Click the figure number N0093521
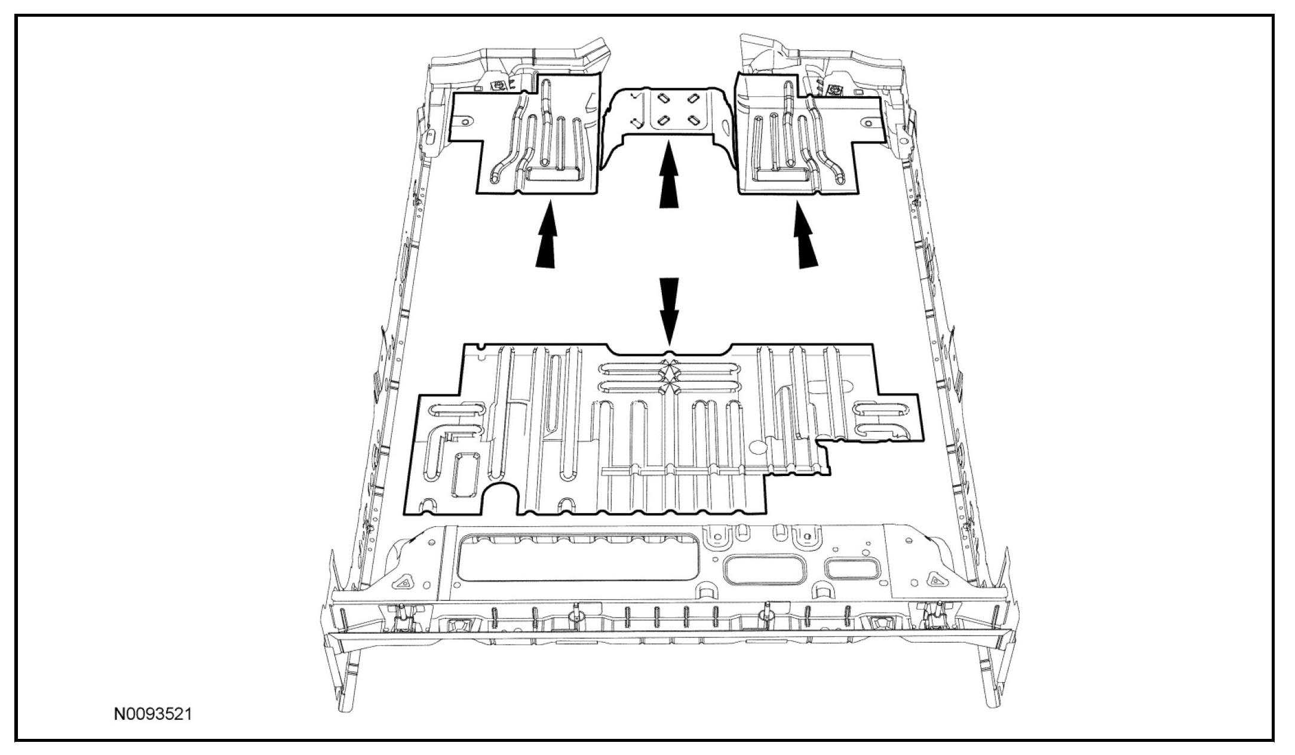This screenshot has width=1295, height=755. (x=154, y=714)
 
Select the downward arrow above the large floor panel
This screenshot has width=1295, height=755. (x=669, y=308)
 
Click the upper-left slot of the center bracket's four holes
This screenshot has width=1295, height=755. (x=662, y=97)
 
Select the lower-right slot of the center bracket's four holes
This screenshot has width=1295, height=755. (x=695, y=121)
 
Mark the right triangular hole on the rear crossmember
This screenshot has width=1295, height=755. (x=934, y=579)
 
